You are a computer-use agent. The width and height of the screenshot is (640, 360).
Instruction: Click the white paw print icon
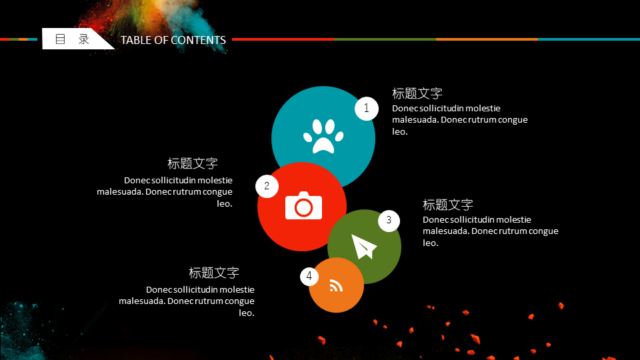pos(323,136)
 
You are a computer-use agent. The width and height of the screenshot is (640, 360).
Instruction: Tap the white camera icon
pos(304,205)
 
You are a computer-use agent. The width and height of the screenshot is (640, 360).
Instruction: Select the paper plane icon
pos(363,246)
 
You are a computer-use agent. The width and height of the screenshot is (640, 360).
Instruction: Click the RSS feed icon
pos(336,286)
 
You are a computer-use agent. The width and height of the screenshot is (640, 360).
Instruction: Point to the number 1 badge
pos(367,109)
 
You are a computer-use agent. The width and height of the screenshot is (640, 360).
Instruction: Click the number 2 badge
pos(267,187)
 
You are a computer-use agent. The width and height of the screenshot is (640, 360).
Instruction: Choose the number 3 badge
pos(389,221)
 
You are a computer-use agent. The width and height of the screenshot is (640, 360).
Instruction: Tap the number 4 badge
pos(309,277)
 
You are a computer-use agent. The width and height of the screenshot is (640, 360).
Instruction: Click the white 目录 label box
pos(73,39)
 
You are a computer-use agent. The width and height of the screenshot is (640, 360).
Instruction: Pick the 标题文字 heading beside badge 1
pos(417,93)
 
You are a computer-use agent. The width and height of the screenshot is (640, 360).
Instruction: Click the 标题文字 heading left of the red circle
pos(193,164)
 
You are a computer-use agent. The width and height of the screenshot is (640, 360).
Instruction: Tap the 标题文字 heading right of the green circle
pos(448,205)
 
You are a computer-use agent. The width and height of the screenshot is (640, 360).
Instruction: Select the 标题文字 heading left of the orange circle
pos(214,273)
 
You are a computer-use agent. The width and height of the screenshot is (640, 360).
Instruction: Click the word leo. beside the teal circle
pos(399,131)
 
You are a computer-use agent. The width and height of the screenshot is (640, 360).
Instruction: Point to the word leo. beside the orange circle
pos(247,313)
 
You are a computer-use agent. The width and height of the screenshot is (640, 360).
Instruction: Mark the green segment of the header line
pos(385,39)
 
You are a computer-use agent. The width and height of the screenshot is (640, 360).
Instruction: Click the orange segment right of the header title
pos(487,39)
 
